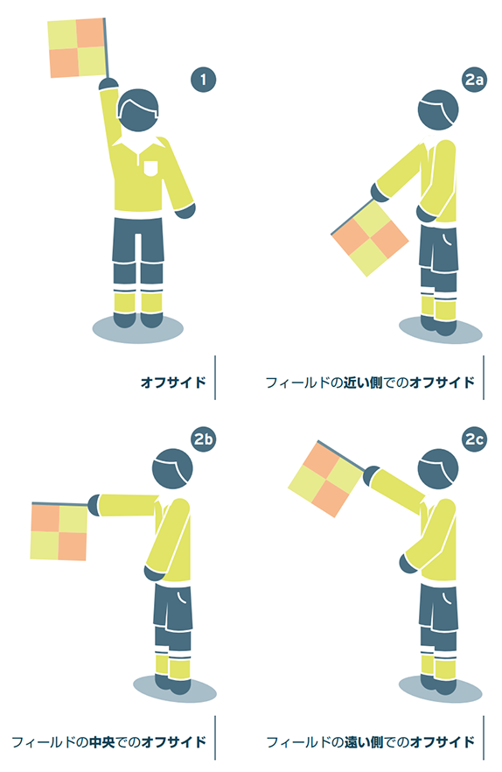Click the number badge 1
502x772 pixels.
tap(203, 80)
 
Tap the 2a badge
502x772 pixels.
tap(474, 80)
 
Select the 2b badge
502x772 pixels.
tap(203, 439)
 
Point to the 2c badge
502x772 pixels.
tap(474, 439)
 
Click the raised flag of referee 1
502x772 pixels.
tap(77, 48)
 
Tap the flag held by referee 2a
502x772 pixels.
tap(370, 239)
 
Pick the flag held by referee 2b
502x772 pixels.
tap(59, 532)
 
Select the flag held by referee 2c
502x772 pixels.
tap(326, 479)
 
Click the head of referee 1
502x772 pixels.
tap(139, 109)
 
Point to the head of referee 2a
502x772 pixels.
tap(438, 109)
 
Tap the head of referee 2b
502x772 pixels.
tap(172, 469)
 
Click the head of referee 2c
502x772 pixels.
tap(438, 469)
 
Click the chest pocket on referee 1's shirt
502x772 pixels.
tap(151, 168)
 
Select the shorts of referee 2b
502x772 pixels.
tap(172, 607)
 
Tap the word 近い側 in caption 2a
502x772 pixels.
tap(363, 382)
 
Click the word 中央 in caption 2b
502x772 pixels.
tap(101, 741)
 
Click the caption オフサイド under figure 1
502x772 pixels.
tap(173, 382)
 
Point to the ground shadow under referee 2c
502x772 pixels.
tap(441, 688)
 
